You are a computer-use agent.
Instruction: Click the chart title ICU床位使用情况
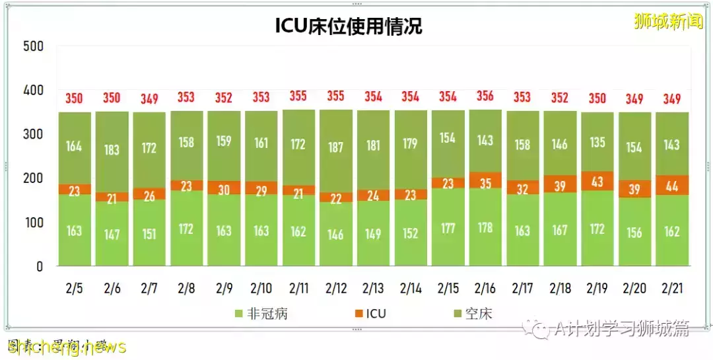click(x=348, y=26)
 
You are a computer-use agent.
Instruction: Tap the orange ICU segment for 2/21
click(x=671, y=185)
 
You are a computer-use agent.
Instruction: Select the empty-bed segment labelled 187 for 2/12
click(x=336, y=147)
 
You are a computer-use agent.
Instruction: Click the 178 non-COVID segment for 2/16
click(x=485, y=228)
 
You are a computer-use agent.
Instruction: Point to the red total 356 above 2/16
click(x=485, y=96)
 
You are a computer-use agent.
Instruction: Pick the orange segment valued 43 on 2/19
click(x=597, y=181)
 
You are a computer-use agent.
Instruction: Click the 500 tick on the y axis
click(x=32, y=46)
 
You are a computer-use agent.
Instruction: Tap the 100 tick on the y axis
click(x=32, y=223)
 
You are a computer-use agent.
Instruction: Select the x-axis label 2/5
click(x=75, y=288)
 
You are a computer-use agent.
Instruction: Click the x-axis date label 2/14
click(x=411, y=288)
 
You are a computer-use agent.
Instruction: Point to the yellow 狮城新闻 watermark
click(x=668, y=22)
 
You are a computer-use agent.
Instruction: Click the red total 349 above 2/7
click(x=149, y=99)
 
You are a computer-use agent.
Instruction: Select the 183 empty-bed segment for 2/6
click(x=112, y=150)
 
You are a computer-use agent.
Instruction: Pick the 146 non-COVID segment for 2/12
click(x=336, y=234)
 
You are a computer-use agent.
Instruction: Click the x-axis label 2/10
click(x=261, y=288)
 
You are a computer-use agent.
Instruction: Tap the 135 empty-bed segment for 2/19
click(x=597, y=143)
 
